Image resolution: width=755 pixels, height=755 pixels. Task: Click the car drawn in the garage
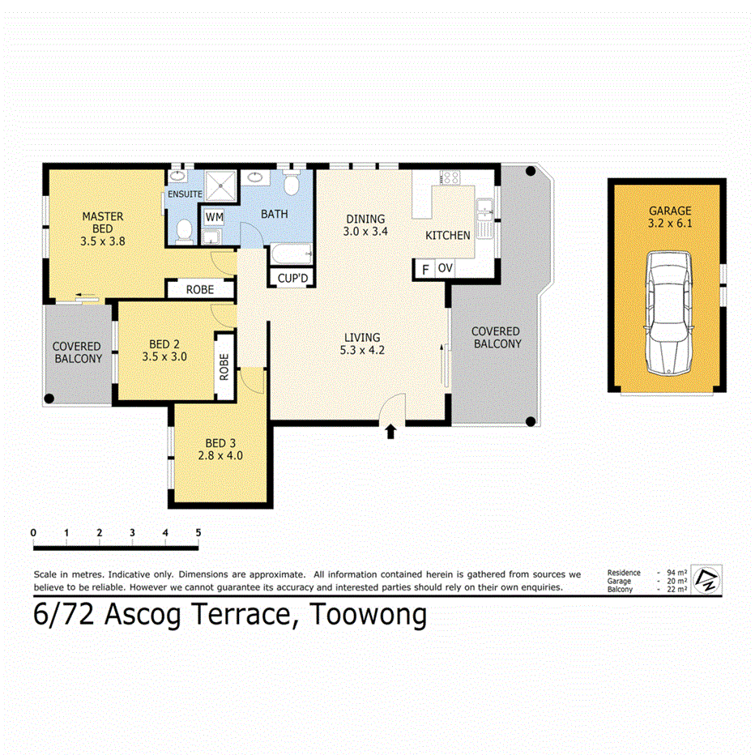pyautogui.click(x=668, y=312)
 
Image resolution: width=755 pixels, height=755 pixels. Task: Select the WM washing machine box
pyautogui.click(x=214, y=217)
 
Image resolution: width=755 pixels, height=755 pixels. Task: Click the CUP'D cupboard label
pyautogui.click(x=292, y=278)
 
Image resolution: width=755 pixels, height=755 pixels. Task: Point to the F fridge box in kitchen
pyautogui.click(x=424, y=269)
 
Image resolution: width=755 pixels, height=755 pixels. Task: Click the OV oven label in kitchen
pyautogui.click(x=445, y=268)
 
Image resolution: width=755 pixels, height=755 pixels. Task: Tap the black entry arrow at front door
pyautogui.click(x=391, y=432)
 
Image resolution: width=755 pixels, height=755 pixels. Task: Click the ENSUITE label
pyautogui.click(x=185, y=194)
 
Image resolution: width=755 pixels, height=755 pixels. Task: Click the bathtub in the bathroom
pyautogui.click(x=291, y=255)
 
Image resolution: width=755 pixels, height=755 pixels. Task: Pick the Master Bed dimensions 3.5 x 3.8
pyautogui.click(x=102, y=241)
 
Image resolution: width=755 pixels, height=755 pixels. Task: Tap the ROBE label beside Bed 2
pyautogui.click(x=224, y=369)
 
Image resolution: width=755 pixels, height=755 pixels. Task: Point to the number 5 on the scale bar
pyautogui.click(x=198, y=532)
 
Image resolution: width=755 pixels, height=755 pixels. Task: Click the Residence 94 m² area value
pyautogui.click(x=676, y=573)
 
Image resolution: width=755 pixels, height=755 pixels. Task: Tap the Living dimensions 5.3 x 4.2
pyautogui.click(x=361, y=351)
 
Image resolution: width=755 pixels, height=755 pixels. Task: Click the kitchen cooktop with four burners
pyautogui.click(x=450, y=177)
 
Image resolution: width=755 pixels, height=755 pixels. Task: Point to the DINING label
pyautogui.click(x=365, y=219)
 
